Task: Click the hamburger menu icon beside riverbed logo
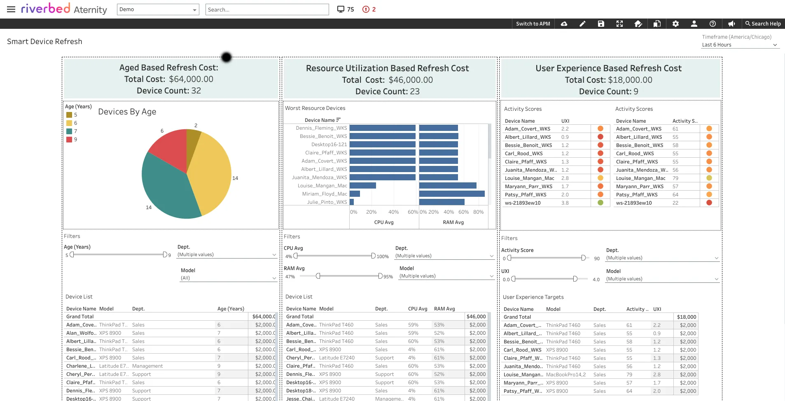pyautogui.click(x=11, y=9)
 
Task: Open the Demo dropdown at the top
pyautogui.click(x=158, y=9)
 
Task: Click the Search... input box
pyautogui.click(x=267, y=9)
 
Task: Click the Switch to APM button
pyautogui.click(x=533, y=24)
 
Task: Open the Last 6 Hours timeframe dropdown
pyautogui.click(x=739, y=45)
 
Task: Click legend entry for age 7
pyautogui.click(x=72, y=131)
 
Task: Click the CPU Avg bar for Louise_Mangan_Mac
pyautogui.click(x=362, y=186)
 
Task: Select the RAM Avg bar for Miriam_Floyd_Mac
pyautogui.click(x=451, y=194)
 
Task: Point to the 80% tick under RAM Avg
pyautogui.click(x=478, y=212)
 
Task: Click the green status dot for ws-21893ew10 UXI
pyautogui.click(x=600, y=203)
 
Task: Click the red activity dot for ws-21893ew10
pyautogui.click(x=709, y=203)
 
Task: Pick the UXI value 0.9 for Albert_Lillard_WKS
pyautogui.click(x=565, y=137)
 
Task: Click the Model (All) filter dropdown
pyautogui.click(x=228, y=278)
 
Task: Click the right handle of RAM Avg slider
pyautogui.click(x=381, y=276)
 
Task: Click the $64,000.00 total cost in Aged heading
pyautogui.click(x=191, y=79)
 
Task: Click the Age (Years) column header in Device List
pyautogui.click(x=231, y=309)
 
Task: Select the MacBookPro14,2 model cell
pyautogui.click(x=565, y=375)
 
